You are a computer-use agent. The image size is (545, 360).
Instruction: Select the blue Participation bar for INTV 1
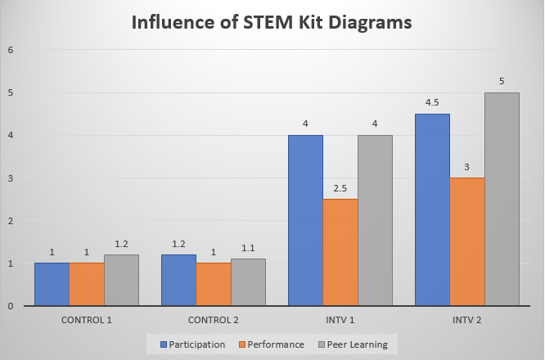tap(305, 220)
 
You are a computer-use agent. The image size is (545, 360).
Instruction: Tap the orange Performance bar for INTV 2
tap(468, 241)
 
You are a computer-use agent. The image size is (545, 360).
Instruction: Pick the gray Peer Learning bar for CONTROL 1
tap(121, 280)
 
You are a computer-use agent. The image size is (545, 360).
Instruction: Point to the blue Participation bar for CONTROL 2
tap(178, 280)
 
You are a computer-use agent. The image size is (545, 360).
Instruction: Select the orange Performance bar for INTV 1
tap(340, 252)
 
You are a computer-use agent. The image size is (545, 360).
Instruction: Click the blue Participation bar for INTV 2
tap(433, 209)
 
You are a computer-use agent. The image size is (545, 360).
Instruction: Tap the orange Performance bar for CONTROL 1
tap(86, 284)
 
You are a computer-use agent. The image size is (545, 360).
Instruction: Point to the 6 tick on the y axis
tap(10, 51)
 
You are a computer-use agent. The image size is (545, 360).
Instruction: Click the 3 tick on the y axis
tap(10, 178)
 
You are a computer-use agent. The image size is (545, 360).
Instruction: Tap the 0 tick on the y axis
tap(10, 306)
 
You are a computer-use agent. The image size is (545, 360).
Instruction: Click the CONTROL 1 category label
tap(87, 318)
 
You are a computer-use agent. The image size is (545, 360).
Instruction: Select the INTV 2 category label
tap(467, 318)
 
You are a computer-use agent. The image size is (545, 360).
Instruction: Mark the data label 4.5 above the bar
tap(433, 103)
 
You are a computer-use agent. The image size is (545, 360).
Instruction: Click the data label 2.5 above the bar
tap(340, 188)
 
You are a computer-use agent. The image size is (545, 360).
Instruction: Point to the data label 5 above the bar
tap(502, 82)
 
